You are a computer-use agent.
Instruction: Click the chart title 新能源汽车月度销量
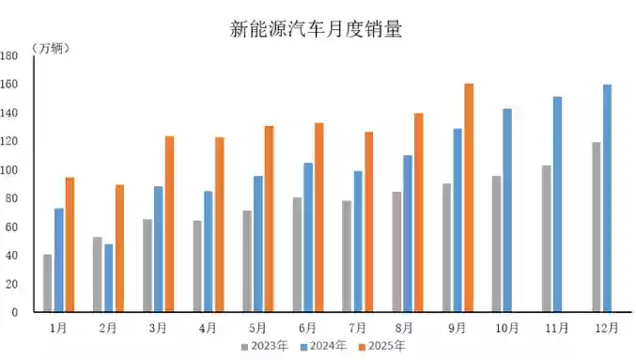point(317,30)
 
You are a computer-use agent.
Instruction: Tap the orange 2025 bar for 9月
point(469,197)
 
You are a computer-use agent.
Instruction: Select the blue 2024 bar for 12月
point(607,198)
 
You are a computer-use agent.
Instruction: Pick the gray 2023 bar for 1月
point(47,283)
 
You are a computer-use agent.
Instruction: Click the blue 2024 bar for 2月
point(109,278)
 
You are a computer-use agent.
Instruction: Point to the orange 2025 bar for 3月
point(170,224)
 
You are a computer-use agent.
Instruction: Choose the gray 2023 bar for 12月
point(596,227)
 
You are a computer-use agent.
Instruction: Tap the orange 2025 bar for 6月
point(319,217)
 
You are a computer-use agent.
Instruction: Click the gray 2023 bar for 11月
point(546,239)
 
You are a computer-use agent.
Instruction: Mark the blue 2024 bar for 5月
point(258,243)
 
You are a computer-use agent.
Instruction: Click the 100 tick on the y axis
point(9,170)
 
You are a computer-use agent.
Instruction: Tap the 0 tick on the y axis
point(15,312)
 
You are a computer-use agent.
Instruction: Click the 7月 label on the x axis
point(357,327)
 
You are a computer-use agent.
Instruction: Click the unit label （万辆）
point(51,47)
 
